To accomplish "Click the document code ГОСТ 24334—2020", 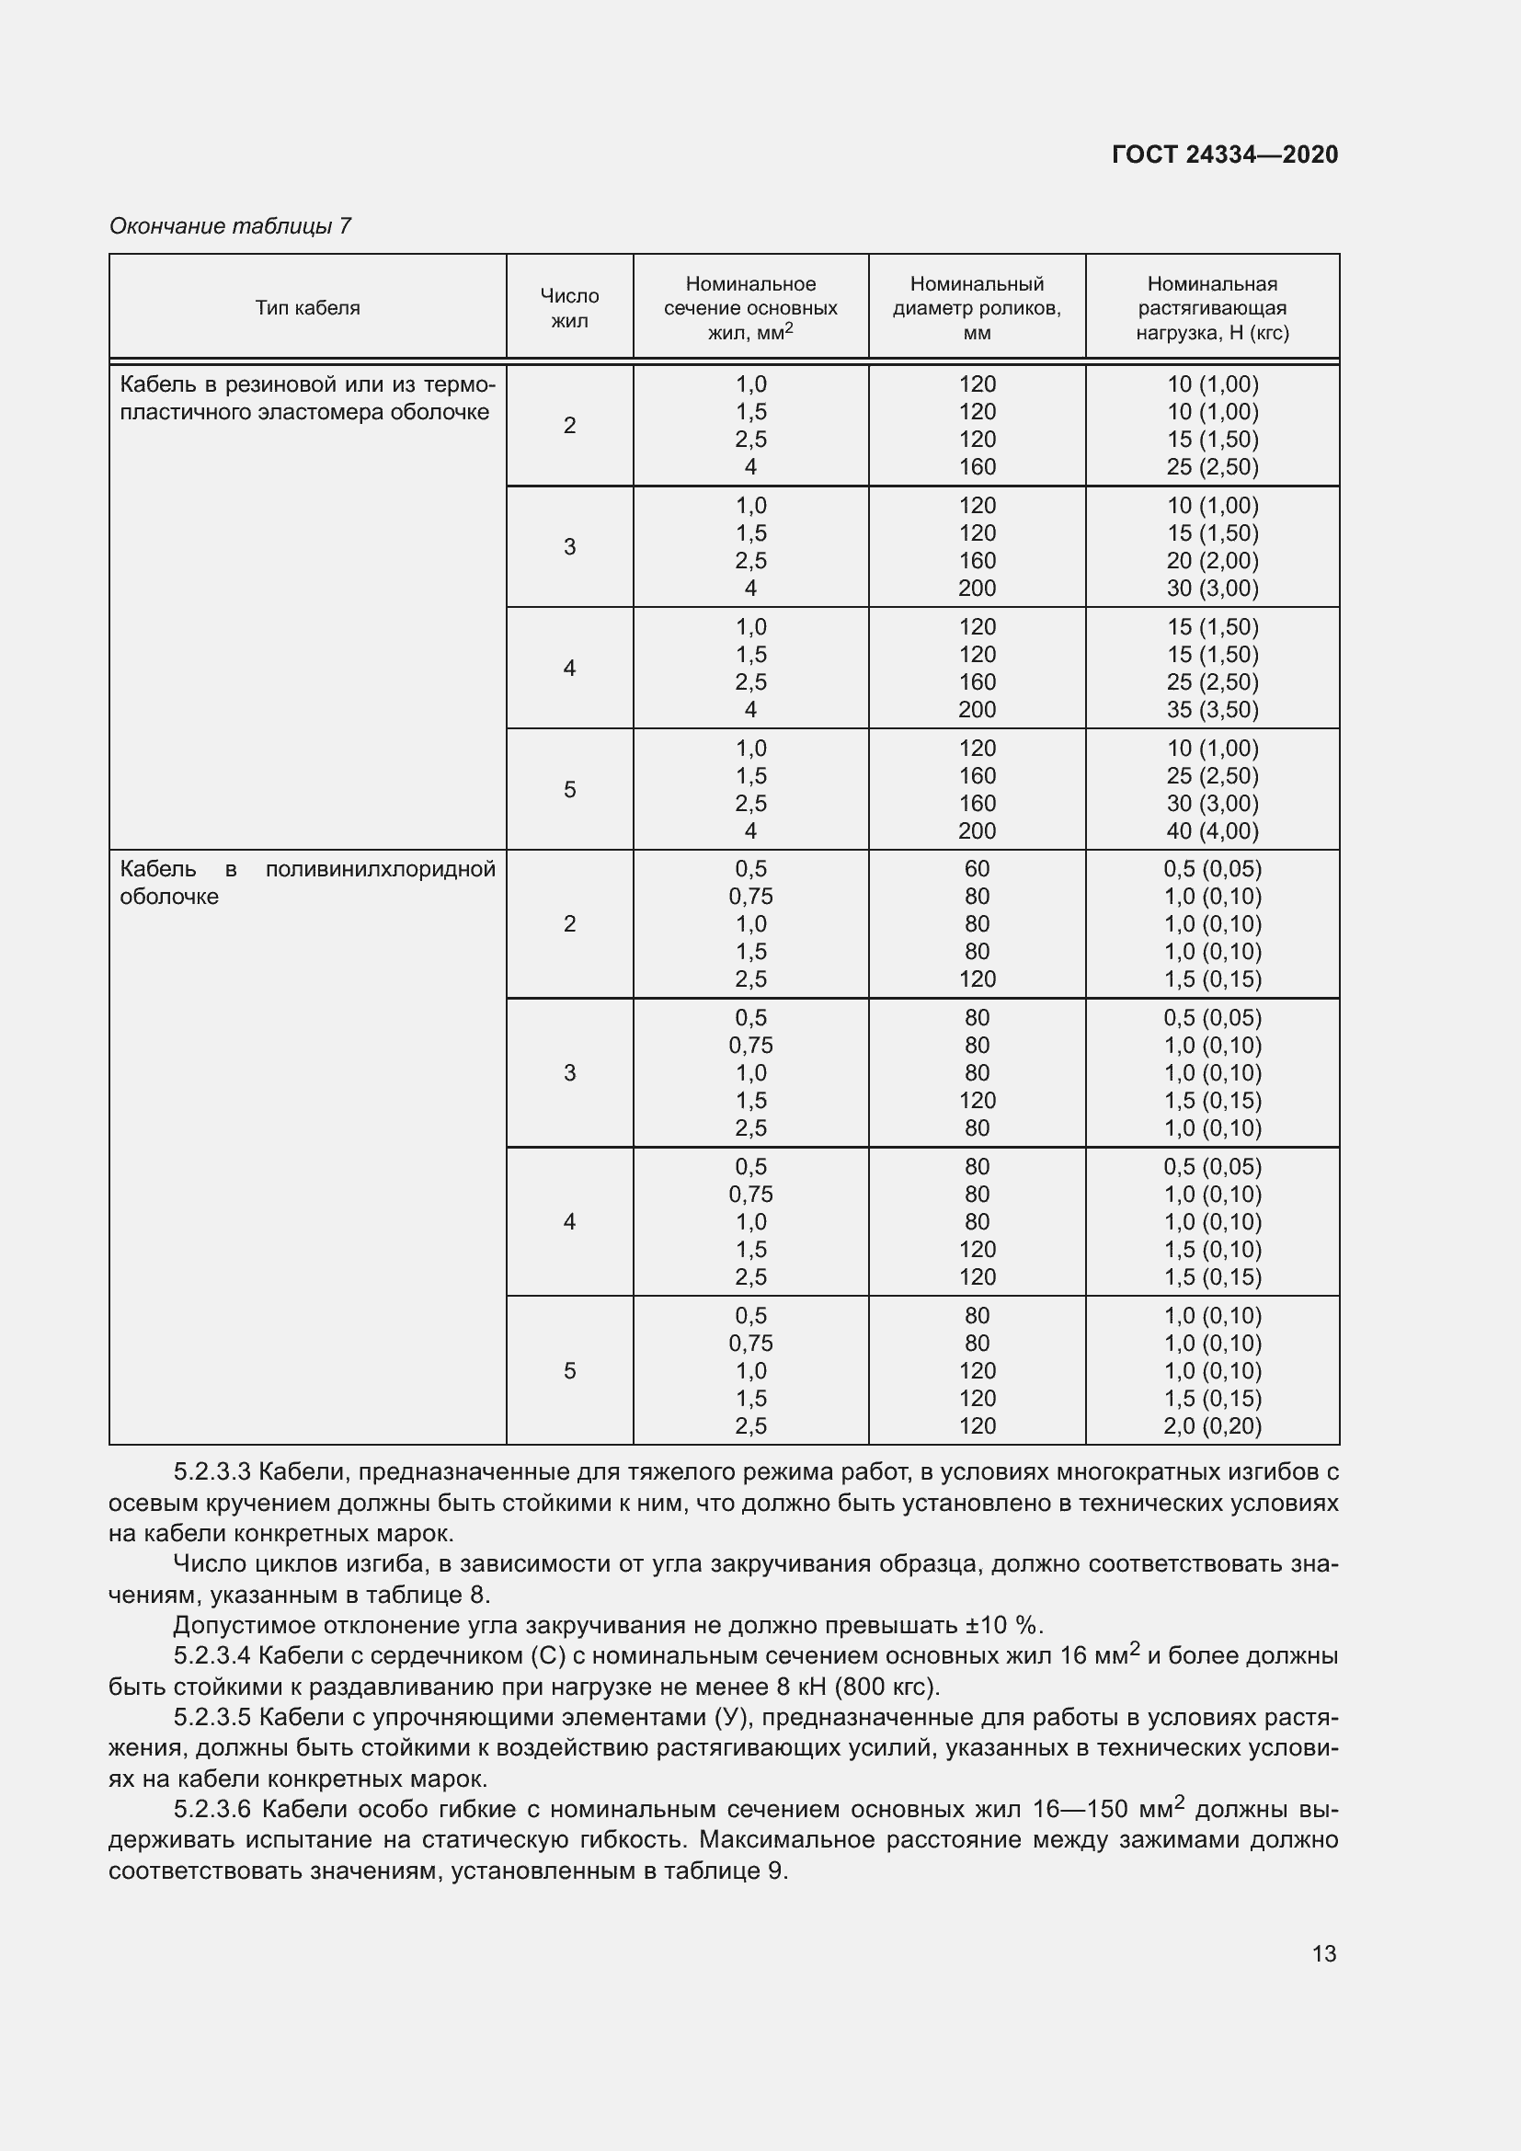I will click(1224, 154).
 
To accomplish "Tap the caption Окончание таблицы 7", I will click(230, 226).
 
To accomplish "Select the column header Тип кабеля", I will click(307, 308).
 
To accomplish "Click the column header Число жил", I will click(569, 308).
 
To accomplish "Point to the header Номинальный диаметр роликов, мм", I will click(976, 308).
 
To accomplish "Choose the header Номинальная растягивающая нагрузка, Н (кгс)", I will click(1212, 308).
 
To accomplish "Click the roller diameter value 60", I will click(976, 868).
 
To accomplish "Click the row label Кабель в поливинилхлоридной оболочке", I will click(307, 883).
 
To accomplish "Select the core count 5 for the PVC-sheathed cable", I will click(569, 1370).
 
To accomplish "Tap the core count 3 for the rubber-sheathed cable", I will click(569, 546).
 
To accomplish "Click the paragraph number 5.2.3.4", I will click(212, 1655).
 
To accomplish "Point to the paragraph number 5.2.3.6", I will click(212, 1808).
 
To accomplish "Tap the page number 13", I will click(1323, 1953).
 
